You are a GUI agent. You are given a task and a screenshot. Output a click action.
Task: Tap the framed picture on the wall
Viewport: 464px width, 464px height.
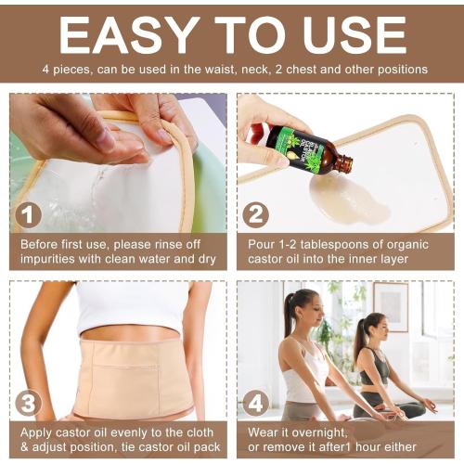(x=390, y=306)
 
